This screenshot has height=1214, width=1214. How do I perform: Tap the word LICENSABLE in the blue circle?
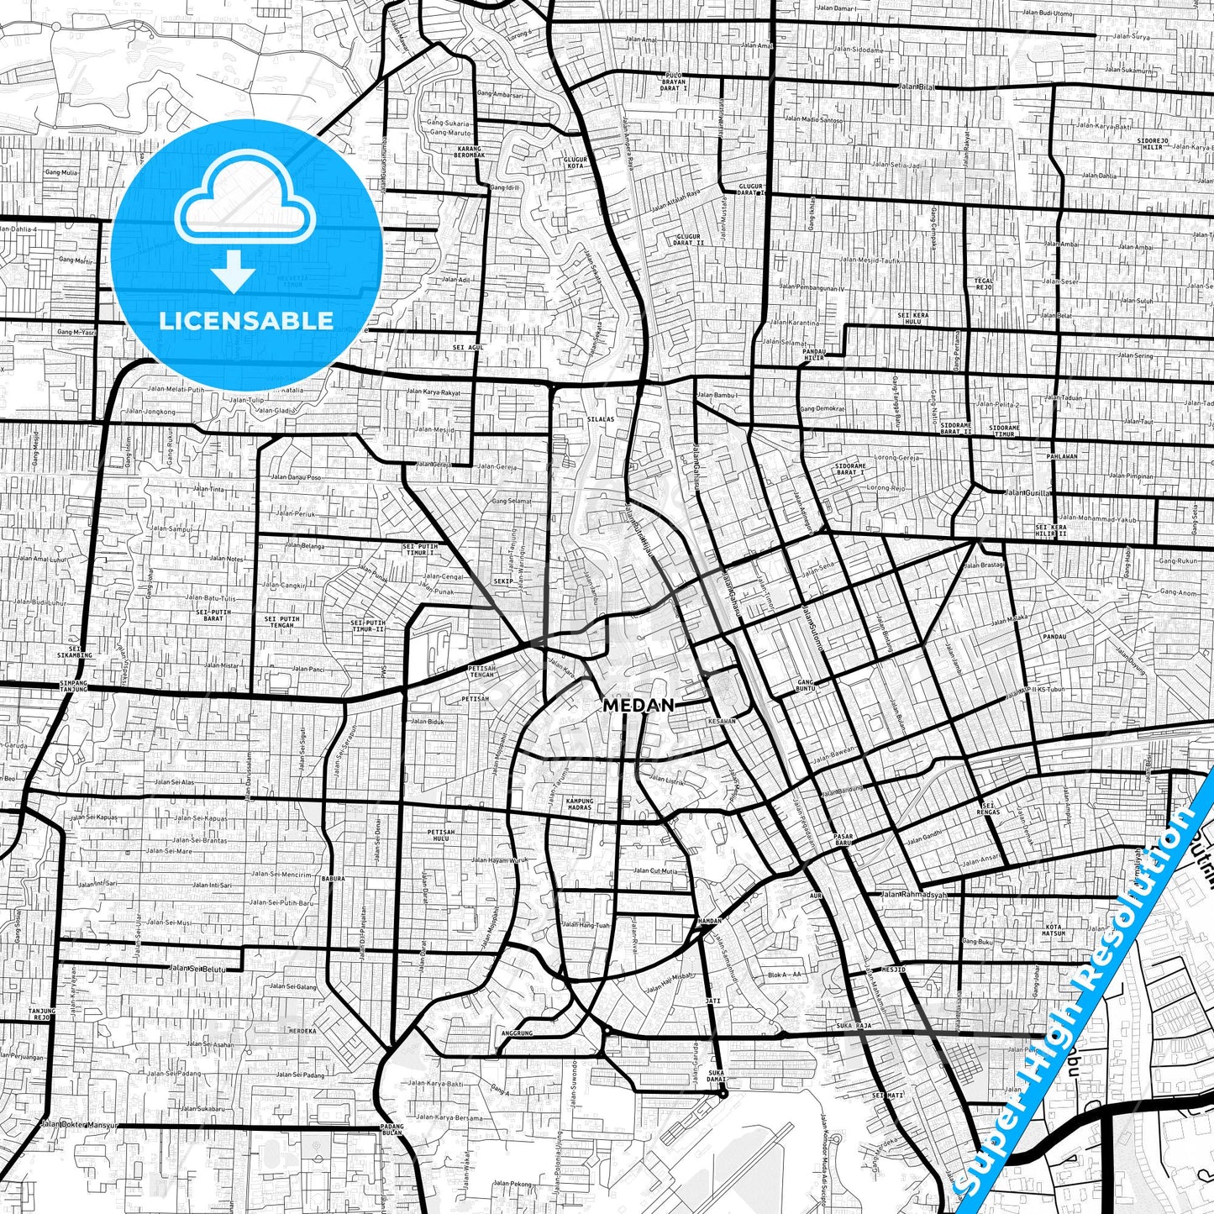(246, 321)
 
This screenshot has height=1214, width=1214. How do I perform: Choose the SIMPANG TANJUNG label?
(74, 686)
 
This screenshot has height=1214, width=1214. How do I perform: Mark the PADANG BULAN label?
(392, 1128)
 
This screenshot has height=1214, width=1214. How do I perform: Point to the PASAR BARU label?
(843, 839)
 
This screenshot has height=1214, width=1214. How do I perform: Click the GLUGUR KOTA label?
(575, 163)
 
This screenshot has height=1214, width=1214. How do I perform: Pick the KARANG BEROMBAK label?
(470, 152)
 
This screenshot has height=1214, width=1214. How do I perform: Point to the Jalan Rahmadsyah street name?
(914, 895)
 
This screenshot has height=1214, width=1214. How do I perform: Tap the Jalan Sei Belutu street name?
(197, 969)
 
